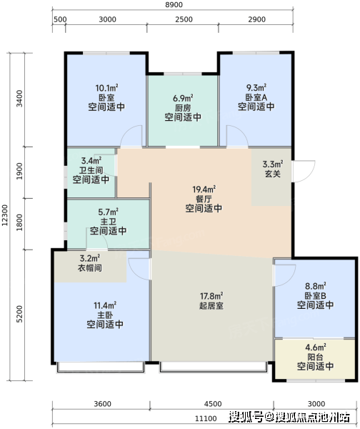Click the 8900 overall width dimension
pyautogui.click(x=174, y=5)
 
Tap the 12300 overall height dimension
pyautogui.click(x=5, y=215)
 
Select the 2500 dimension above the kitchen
pyautogui.click(x=184, y=19)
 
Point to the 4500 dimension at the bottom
pyautogui.click(x=213, y=404)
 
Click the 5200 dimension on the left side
pyautogui.click(x=19, y=314)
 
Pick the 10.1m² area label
pyautogui.click(x=106, y=88)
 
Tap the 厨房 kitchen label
pyautogui.click(x=183, y=107)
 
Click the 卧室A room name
pyautogui.click(x=256, y=97)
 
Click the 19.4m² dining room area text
pyautogui.click(x=204, y=189)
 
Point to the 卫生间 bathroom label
pyautogui.click(x=91, y=170)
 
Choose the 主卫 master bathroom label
pyautogui.click(x=108, y=222)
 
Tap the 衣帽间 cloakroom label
pyautogui.click(x=90, y=267)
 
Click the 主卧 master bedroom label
pyautogui.click(x=105, y=315)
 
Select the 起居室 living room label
pyautogui.click(x=211, y=305)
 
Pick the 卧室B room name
pyautogui.click(x=316, y=296)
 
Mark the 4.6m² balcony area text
pyautogui.click(x=316, y=347)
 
